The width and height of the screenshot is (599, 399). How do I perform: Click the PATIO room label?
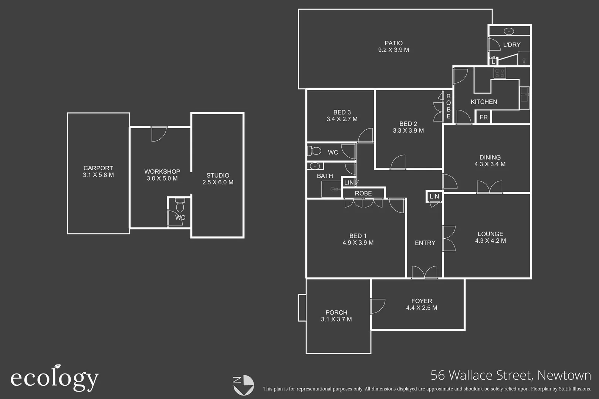point(393,43)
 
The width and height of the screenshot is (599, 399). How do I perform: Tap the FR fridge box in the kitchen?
point(484,117)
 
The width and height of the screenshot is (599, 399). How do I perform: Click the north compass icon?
point(243,385)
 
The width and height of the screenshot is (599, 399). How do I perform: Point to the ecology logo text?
point(54,378)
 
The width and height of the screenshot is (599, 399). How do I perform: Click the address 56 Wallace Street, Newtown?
point(511,375)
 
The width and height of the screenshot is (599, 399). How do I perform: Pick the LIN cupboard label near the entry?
point(434,197)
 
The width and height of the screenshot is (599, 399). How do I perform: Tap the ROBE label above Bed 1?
point(363,193)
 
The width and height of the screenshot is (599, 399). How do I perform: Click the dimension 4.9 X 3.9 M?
point(358,243)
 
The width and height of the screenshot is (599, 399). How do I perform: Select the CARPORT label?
point(98,168)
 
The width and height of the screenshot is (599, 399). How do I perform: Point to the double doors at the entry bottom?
point(424,272)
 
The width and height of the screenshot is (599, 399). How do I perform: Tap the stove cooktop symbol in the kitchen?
point(500,73)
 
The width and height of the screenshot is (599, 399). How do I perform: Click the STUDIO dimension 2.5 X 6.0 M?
point(218,182)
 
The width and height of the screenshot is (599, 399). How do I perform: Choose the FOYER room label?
point(422,301)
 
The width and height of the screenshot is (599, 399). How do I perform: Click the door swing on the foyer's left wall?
point(377,306)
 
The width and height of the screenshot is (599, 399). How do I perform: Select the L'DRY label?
point(512,45)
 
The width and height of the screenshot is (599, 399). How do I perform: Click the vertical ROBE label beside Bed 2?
point(449,106)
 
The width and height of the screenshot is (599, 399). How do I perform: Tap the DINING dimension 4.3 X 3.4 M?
point(490,164)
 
